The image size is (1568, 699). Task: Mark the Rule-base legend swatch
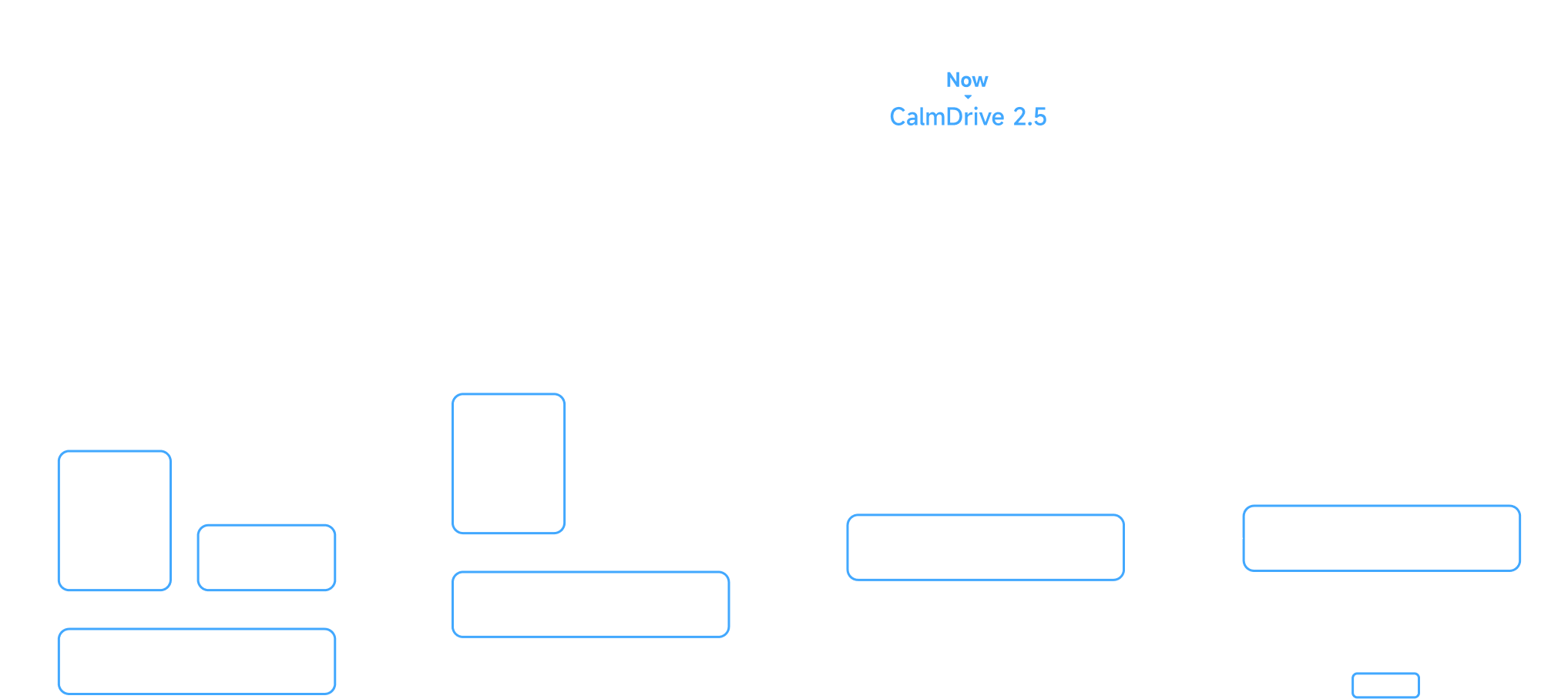pyautogui.click(x=1385, y=685)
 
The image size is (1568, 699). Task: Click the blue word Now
pyautogui.click(x=967, y=80)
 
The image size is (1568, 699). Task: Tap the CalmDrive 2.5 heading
pyautogui.click(x=968, y=117)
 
